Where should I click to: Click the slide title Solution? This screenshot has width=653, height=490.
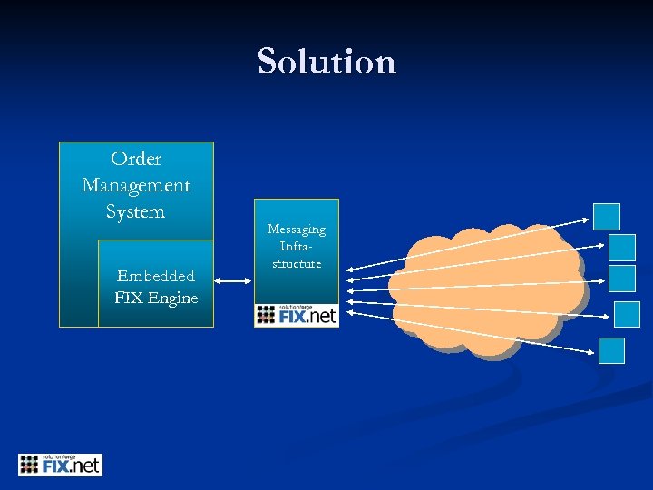click(326, 62)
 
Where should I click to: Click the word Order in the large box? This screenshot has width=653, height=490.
click(136, 159)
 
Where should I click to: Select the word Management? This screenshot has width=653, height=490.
click(136, 185)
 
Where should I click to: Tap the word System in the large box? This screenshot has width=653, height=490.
click(135, 211)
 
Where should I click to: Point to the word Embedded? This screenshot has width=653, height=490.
click(156, 276)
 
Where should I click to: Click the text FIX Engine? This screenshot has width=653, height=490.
click(156, 298)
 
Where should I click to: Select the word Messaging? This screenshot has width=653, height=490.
click(296, 230)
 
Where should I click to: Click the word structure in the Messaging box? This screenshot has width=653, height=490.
click(296, 263)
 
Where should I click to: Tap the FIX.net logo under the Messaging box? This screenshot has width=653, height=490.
click(296, 314)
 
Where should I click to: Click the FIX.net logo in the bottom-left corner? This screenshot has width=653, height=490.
click(61, 465)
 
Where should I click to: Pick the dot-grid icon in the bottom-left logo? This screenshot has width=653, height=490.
click(30, 465)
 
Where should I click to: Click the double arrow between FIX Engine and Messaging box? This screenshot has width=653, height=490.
click(233, 282)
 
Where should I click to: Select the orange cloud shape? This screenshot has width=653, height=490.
click(485, 290)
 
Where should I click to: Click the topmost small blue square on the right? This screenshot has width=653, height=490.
click(606, 216)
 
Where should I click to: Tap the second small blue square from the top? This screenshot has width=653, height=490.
click(621, 247)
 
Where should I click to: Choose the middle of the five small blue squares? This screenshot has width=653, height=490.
click(621, 278)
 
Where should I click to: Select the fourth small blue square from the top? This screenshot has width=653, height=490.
click(627, 314)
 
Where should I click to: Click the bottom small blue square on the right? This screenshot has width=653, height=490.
click(611, 350)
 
